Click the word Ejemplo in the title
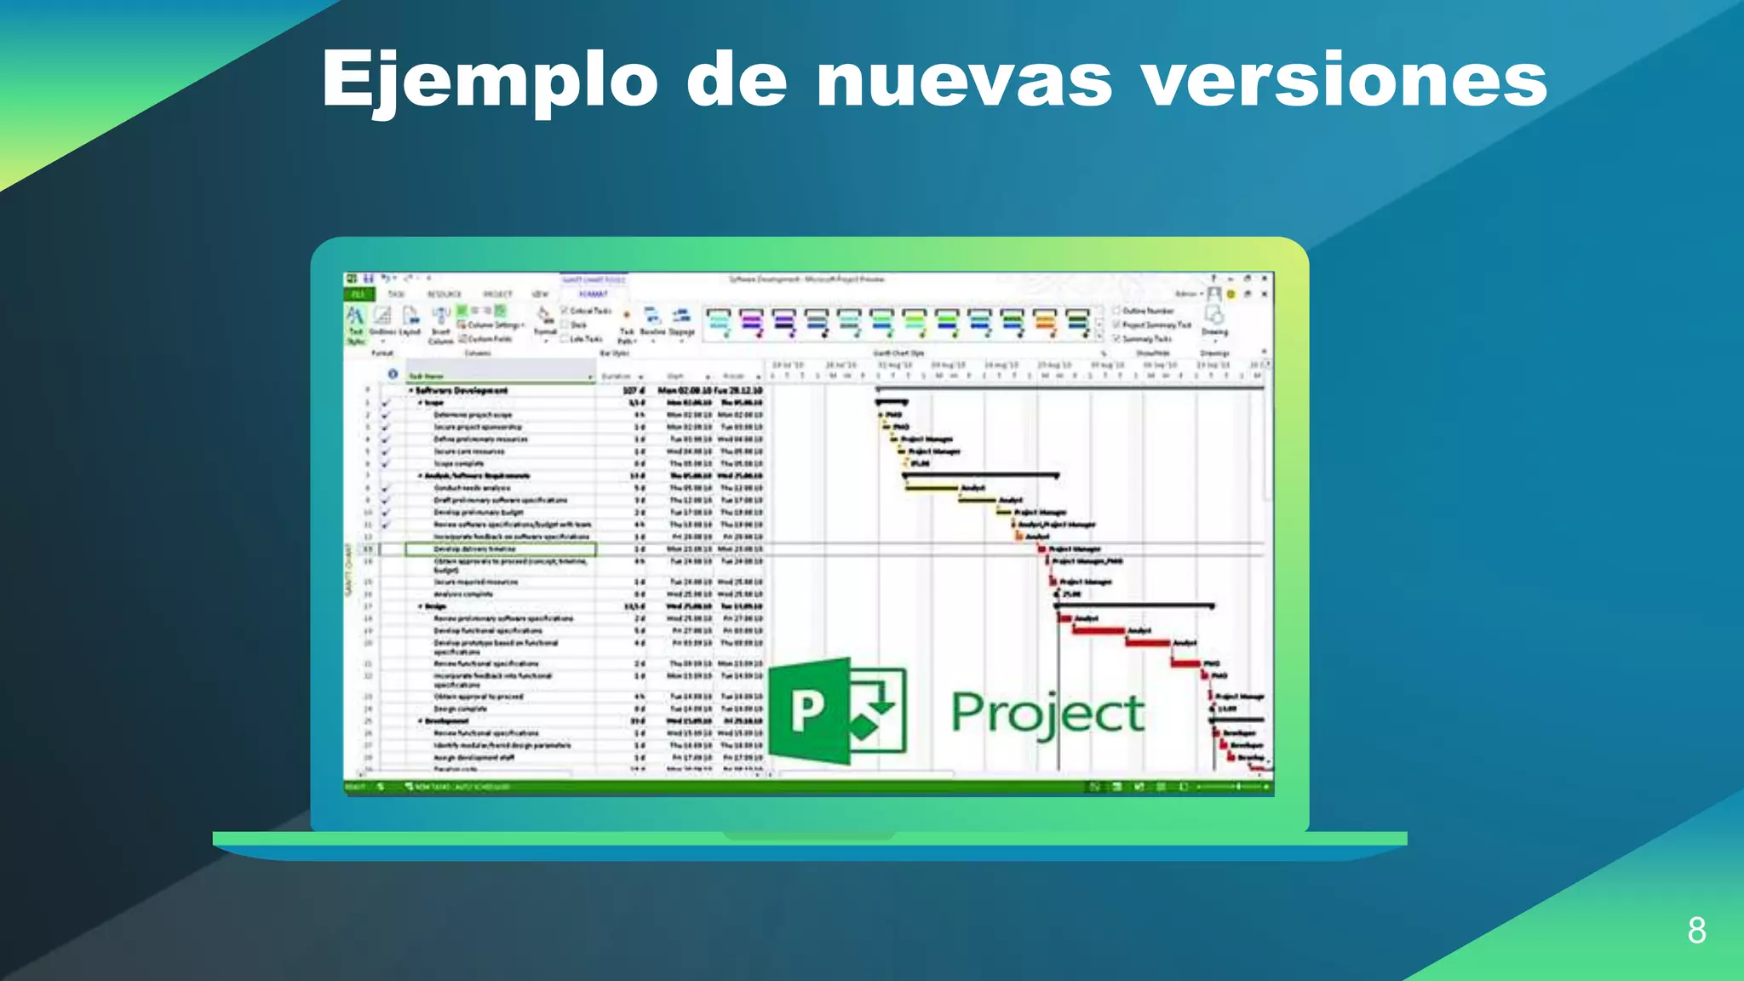coord(490,79)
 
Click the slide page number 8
coord(1696,930)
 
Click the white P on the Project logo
coord(808,710)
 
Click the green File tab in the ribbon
coord(358,295)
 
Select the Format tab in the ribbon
coord(594,295)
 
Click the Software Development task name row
coord(462,391)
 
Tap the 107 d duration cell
coord(634,391)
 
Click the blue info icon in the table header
coord(393,374)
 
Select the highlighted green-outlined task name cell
coord(500,549)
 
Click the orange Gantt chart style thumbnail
coord(1044,323)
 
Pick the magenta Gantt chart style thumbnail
coord(751,323)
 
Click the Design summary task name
coord(436,606)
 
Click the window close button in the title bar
coord(1265,278)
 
